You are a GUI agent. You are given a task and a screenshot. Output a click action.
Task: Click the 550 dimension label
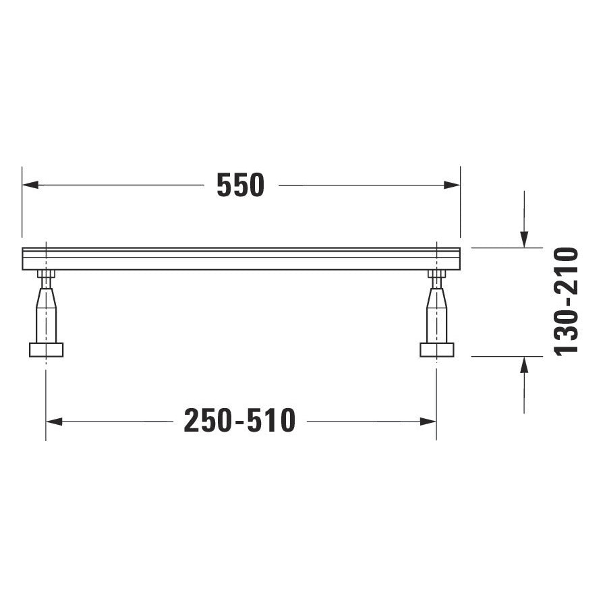tap(240, 185)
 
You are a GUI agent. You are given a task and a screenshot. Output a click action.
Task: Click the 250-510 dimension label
tap(239, 422)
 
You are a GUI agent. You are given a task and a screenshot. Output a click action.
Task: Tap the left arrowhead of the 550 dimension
tap(28, 185)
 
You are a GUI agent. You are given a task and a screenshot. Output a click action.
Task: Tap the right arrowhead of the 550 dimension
tap(453, 185)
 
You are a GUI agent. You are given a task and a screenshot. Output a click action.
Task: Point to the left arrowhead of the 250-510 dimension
tap(53, 422)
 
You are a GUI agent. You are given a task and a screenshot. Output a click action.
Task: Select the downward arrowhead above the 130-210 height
tap(524, 239)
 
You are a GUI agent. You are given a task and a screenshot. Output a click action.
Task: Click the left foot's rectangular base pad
tap(46, 349)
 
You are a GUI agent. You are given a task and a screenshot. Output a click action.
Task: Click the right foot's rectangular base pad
tap(436, 349)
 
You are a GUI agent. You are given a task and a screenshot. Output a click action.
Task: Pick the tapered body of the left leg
tap(46, 314)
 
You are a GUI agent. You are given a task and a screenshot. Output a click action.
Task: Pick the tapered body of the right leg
tap(436, 314)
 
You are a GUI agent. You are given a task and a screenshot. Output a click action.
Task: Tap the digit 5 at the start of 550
tap(225, 185)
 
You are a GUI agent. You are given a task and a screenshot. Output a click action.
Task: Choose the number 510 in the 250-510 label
tap(273, 422)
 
